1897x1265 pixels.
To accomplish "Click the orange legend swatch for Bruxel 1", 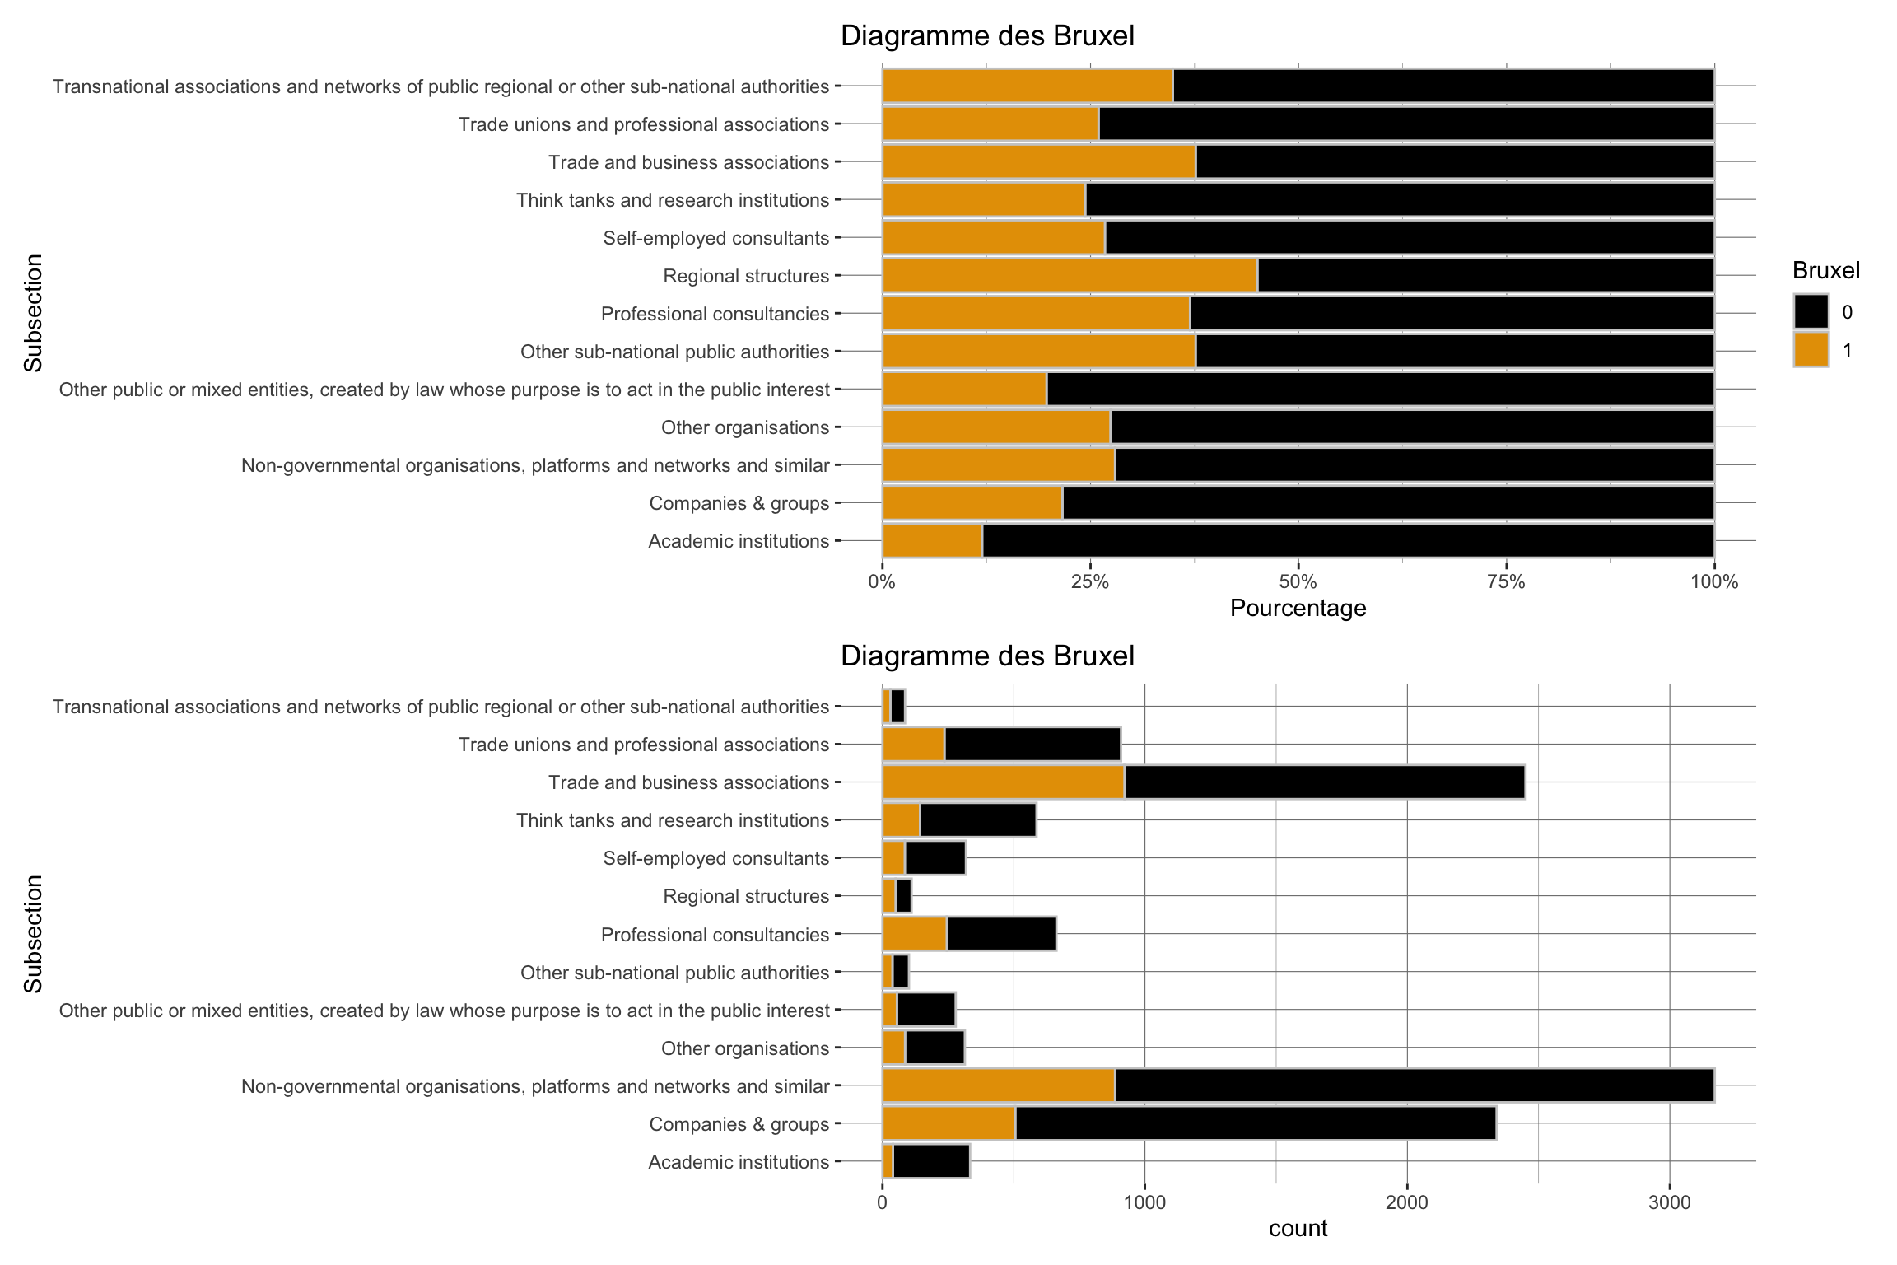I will (x=1811, y=350).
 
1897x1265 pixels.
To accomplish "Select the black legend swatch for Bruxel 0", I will (x=1811, y=311).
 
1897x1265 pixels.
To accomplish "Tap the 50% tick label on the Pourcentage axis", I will (x=1298, y=583).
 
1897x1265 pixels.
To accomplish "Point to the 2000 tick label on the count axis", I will (x=1406, y=1203).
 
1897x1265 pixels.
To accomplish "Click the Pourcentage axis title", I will (x=1298, y=609).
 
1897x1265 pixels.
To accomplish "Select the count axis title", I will (x=1298, y=1229).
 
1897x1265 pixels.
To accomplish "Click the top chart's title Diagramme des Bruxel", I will (x=986, y=36).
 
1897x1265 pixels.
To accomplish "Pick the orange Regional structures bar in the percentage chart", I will (x=1070, y=276).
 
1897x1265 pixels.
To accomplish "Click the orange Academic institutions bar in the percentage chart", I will (x=932, y=541).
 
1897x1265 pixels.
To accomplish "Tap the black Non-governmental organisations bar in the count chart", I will (x=1414, y=1086).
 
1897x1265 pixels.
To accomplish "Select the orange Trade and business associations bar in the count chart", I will (x=1003, y=782).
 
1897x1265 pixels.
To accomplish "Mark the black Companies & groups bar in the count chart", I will (x=1255, y=1124).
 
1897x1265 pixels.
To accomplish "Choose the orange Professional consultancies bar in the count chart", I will (x=915, y=935).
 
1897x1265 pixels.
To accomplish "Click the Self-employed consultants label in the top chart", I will (x=715, y=238).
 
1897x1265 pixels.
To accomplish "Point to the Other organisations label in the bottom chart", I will (x=744, y=1048).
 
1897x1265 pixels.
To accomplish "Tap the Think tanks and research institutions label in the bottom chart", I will (x=672, y=820).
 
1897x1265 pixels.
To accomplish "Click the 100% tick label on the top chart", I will (x=1714, y=583).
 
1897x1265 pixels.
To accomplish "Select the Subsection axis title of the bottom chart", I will (x=33, y=934).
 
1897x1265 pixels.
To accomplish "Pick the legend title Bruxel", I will (x=1825, y=270).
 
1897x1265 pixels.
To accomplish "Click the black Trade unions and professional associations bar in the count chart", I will (x=1032, y=745).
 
